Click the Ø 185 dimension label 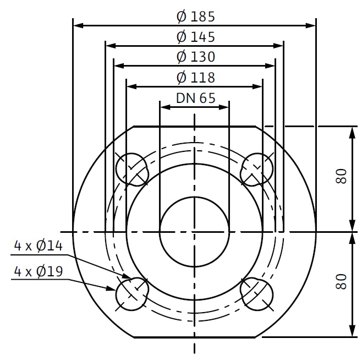(x=196, y=17)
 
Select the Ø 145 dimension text (x=196, y=37)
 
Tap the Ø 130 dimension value (x=196, y=57)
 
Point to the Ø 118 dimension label (x=196, y=78)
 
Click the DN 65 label (x=196, y=98)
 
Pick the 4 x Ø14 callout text (x=39, y=246)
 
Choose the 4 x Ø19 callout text (x=39, y=271)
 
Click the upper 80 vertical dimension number (x=341, y=176)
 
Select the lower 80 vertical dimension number (x=341, y=282)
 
